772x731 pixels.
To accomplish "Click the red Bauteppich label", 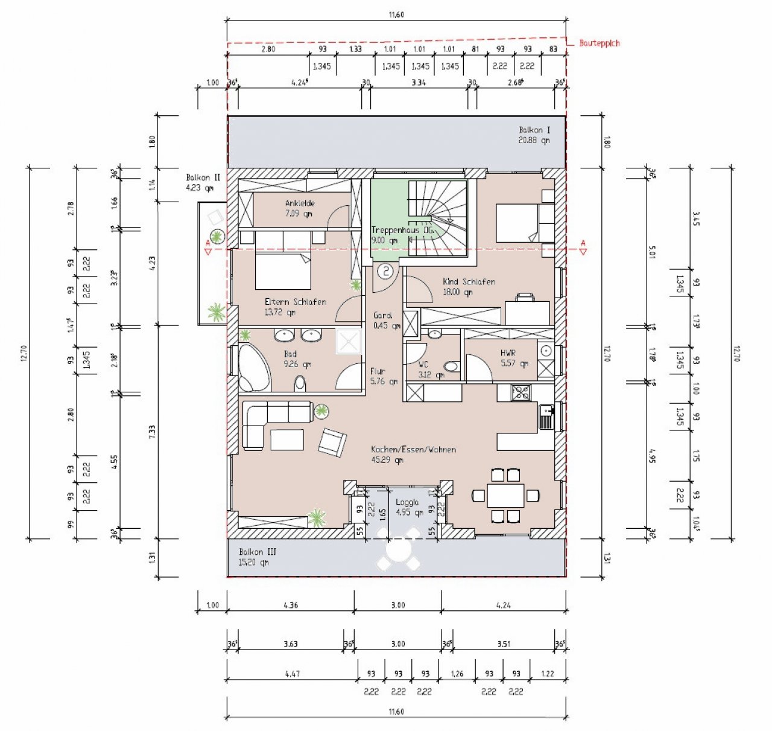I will pyautogui.click(x=599, y=43).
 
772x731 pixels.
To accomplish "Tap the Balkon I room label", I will pyautogui.click(x=534, y=135).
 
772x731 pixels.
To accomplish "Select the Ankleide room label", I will pyautogui.click(x=299, y=208).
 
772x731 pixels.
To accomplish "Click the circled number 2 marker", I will pyautogui.click(x=385, y=272).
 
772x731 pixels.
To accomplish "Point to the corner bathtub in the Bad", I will pyautogui.click(x=254, y=368).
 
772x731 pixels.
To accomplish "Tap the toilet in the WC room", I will pyautogui.click(x=450, y=366).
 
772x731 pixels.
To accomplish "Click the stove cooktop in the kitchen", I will pyautogui.click(x=520, y=393).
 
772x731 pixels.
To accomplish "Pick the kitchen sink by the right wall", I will pyautogui.click(x=546, y=416).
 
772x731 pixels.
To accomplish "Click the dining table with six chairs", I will pyautogui.click(x=505, y=496).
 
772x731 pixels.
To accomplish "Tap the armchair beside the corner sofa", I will pyautogui.click(x=332, y=442).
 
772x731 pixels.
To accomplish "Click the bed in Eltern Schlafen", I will pyautogui.click(x=283, y=271).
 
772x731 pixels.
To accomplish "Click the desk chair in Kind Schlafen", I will pyautogui.click(x=525, y=297).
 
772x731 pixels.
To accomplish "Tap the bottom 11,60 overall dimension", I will pyautogui.click(x=396, y=711).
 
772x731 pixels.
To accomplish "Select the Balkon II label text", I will pyautogui.click(x=203, y=182).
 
